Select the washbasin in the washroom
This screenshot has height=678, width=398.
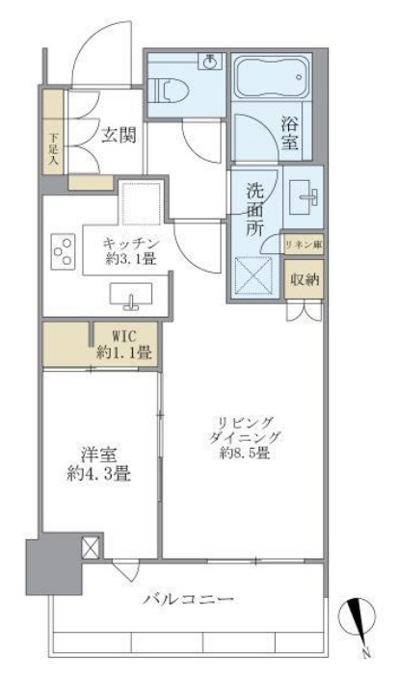click(305, 198)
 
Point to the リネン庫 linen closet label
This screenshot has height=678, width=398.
click(303, 247)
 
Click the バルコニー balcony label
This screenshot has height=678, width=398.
click(189, 598)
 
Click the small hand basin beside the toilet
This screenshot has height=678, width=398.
click(209, 60)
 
